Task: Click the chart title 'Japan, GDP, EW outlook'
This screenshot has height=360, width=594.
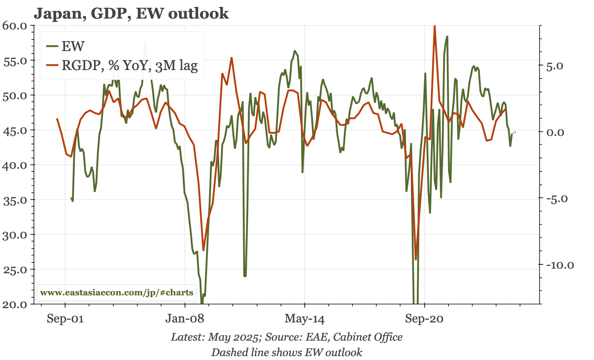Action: [x=131, y=14]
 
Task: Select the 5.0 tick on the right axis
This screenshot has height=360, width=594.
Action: [x=561, y=66]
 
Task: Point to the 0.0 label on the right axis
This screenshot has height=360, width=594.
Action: [x=561, y=132]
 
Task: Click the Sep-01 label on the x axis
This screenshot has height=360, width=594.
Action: [x=65, y=319]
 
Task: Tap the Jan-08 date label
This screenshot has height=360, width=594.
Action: [x=185, y=319]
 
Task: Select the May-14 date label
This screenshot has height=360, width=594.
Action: [x=305, y=319]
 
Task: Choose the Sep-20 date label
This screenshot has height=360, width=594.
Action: [x=425, y=319]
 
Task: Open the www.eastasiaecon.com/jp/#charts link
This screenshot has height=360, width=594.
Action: [x=117, y=293]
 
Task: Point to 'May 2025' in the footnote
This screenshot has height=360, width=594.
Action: [x=233, y=337]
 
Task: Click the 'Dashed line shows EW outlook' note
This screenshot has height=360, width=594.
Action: [x=287, y=352]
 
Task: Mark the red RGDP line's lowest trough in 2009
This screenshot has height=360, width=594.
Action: [x=203, y=250]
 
